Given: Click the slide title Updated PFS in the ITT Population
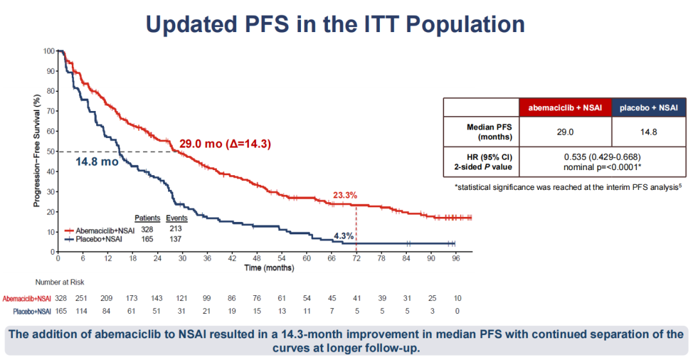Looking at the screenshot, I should coord(335,24).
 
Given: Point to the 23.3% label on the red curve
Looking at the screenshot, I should coord(345,195).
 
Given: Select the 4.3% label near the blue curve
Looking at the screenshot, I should coord(344,236).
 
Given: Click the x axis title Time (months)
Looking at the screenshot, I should coord(269,267).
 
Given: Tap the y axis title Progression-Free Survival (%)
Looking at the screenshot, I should coord(37,151).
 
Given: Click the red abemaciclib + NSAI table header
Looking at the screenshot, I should coord(565,108).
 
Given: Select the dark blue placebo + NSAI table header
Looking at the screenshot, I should coord(649,108).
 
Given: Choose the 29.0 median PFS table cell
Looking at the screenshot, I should coord(565,132).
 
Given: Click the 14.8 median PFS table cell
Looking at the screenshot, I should coord(649,132).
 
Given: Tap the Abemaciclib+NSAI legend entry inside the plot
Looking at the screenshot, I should coord(102,230).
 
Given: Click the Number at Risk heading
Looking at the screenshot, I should coord(59,282).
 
